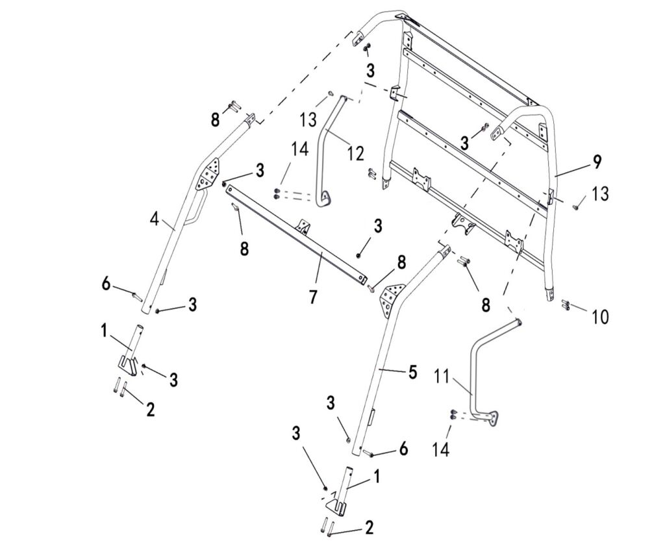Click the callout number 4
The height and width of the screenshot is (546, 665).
[154, 219]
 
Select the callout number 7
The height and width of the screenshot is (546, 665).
[313, 297]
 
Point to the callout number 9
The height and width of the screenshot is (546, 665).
[596, 163]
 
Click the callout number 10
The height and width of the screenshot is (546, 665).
[601, 317]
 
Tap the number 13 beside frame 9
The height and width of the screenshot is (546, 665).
[601, 193]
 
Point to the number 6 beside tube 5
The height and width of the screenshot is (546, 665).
[403, 448]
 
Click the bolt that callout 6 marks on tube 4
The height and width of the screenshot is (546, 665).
[137, 296]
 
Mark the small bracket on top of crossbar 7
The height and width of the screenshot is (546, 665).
[303, 225]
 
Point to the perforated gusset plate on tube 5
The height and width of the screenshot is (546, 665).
[391, 297]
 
